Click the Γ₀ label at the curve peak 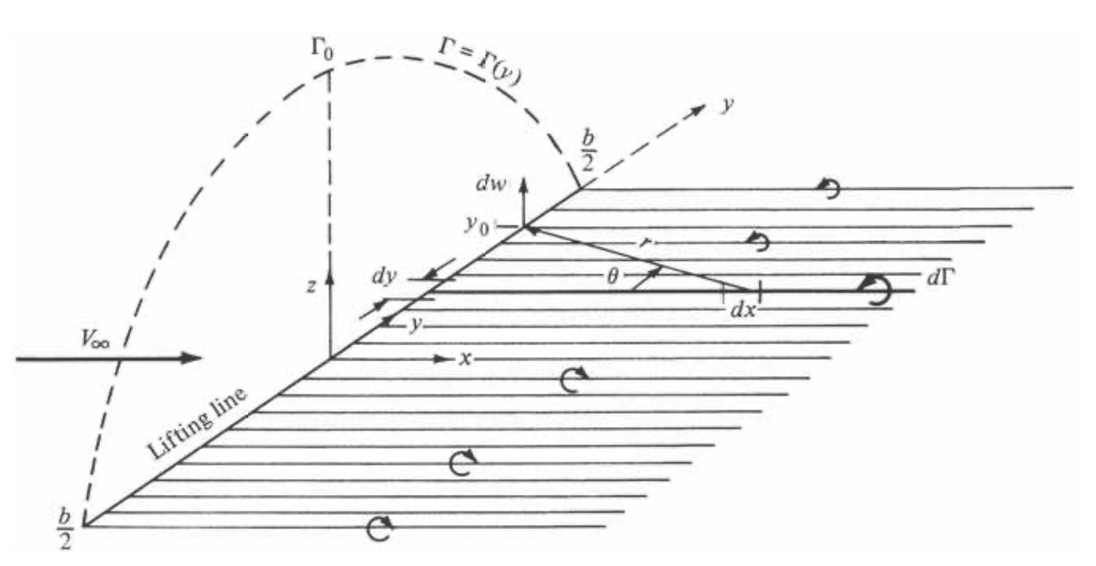321,49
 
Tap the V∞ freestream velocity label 96,339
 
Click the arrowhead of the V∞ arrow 191,358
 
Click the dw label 491,184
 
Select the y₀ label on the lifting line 476,225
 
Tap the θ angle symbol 612,277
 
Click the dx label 743,309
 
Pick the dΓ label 941,278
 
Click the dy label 384,276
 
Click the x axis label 465,359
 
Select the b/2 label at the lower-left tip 66,529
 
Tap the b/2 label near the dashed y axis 587,151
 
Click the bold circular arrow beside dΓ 875,290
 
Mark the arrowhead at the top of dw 524,184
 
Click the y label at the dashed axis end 728,105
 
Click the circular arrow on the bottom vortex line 379,528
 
